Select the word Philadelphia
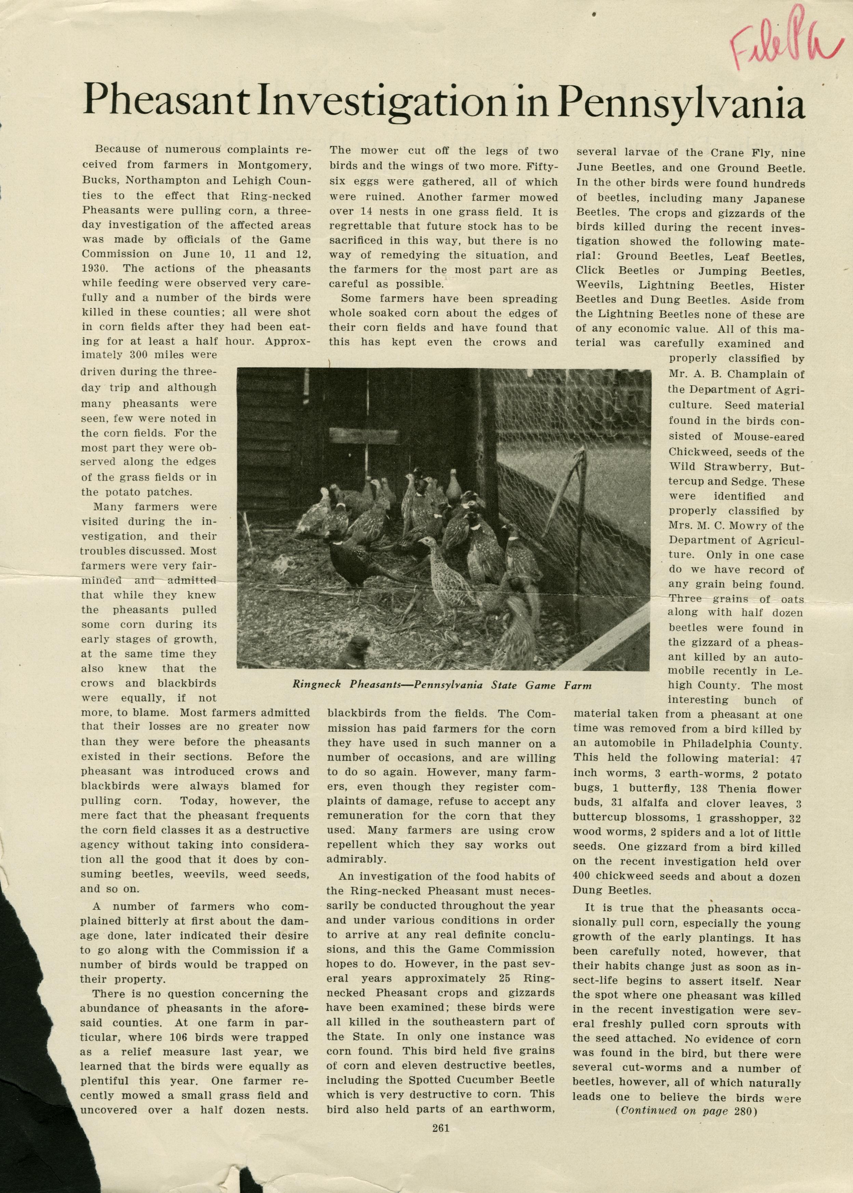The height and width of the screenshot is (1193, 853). click(x=706, y=744)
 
